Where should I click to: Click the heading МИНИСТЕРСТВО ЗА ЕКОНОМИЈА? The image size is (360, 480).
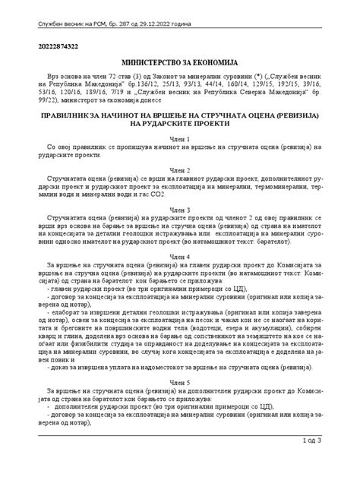tap(180, 60)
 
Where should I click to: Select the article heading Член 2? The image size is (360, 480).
tap(180, 170)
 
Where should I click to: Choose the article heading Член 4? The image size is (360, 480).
tap(180, 256)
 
